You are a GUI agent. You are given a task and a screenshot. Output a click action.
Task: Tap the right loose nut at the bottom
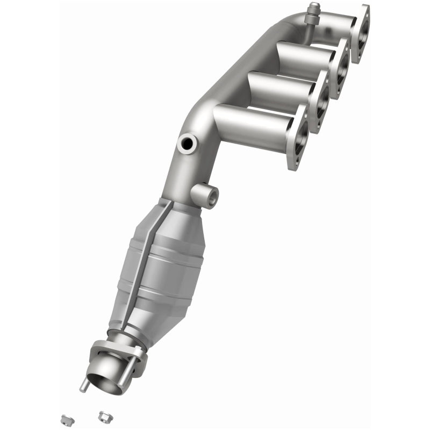tap(104, 415)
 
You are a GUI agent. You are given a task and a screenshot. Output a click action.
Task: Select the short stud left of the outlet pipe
tap(83, 386)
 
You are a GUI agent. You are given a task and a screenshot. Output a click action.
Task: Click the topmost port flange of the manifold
tap(361, 33)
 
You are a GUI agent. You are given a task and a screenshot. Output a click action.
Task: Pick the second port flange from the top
tap(340, 68)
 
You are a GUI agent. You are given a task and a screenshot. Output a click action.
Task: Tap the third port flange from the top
tap(321, 101)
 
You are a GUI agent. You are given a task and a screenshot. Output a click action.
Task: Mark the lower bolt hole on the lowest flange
tap(295, 161)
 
